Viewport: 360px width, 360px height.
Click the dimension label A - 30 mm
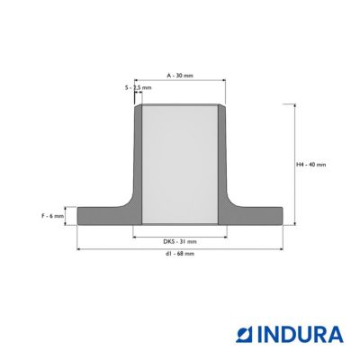click(180, 76)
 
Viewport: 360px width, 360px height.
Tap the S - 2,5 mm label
click(138, 87)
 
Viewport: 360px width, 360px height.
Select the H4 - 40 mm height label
click(311, 165)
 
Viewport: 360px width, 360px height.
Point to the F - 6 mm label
click(52, 216)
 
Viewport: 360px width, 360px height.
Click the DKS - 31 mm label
click(180, 241)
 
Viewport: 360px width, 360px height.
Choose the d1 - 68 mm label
click(180, 254)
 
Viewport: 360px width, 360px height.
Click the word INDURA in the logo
click(301, 335)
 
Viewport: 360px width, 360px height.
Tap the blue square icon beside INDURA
click(246, 335)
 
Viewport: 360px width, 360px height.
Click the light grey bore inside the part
click(180, 165)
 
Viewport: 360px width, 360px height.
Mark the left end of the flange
click(77, 216)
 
